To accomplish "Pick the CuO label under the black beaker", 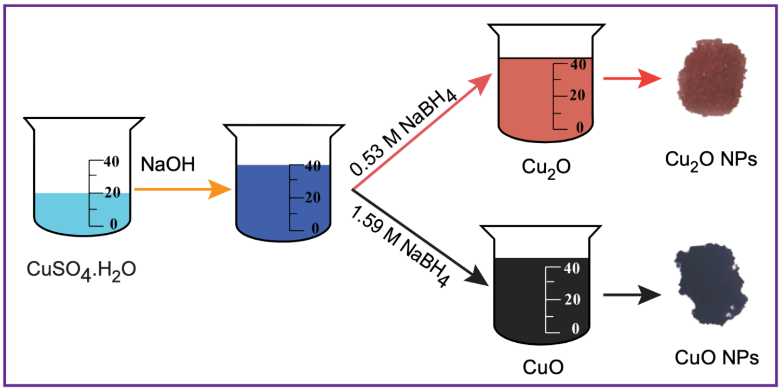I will (542, 366).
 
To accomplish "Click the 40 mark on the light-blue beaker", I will (111, 162).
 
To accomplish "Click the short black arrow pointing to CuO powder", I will (631, 295).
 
